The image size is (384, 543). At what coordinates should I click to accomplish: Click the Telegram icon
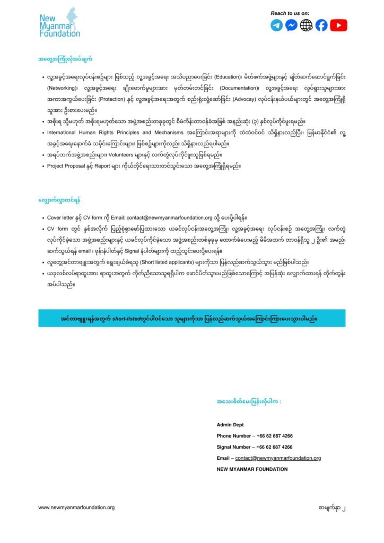[x=276, y=25]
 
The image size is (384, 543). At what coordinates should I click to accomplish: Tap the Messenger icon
[x=291, y=25]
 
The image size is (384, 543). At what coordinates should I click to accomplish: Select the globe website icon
[x=306, y=25]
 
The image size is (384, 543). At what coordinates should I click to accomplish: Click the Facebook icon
[x=321, y=25]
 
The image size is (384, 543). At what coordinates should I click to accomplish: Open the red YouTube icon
[x=338, y=25]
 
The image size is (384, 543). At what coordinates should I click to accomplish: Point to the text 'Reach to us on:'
[x=290, y=13]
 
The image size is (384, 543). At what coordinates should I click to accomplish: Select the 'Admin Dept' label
[x=229, y=425]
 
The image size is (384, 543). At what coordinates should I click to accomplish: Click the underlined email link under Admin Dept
[x=278, y=458]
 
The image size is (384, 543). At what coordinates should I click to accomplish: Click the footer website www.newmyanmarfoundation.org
[x=76, y=507]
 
